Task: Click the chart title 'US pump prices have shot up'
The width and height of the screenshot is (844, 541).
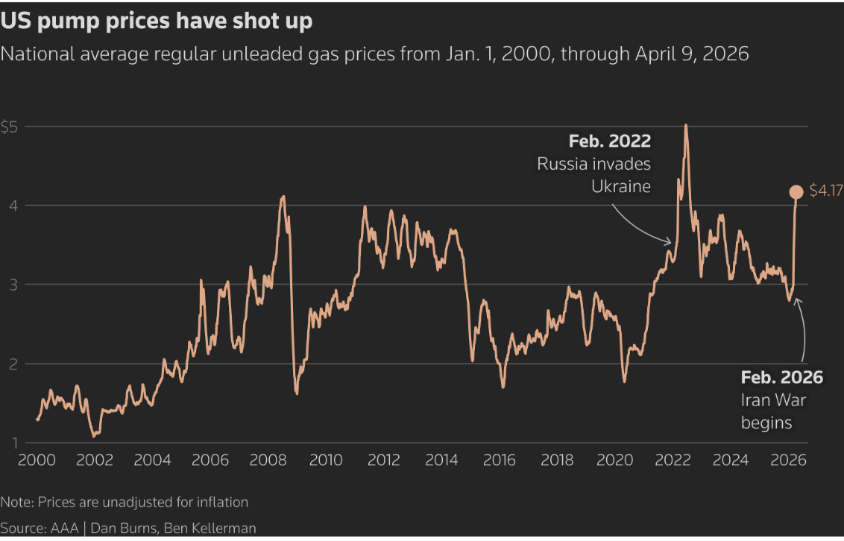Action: [x=157, y=21]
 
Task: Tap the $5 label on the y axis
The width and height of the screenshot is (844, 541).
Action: [x=10, y=126]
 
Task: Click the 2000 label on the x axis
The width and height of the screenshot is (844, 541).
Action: [x=37, y=460]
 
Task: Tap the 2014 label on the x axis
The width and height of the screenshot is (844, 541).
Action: [x=442, y=460]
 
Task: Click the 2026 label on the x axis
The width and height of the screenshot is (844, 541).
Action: [x=788, y=460]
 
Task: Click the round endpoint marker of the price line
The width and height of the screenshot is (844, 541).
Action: [x=796, y=192]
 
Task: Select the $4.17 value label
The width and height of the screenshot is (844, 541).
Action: [x=825, y=192]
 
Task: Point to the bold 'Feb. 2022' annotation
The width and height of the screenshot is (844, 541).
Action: [x=609, y=141]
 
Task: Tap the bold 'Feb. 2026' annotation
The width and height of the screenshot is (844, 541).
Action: [x=781, y=378]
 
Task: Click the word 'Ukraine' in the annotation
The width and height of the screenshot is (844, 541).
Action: [x=621, y=186]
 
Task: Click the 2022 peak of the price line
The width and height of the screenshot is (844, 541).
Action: [x=685, y=125]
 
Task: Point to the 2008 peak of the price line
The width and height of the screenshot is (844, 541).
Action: [x=283, y=197]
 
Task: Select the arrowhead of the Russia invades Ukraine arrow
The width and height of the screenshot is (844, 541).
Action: [x=671, y=242]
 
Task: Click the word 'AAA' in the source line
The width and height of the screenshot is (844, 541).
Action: [x=63, y=528]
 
